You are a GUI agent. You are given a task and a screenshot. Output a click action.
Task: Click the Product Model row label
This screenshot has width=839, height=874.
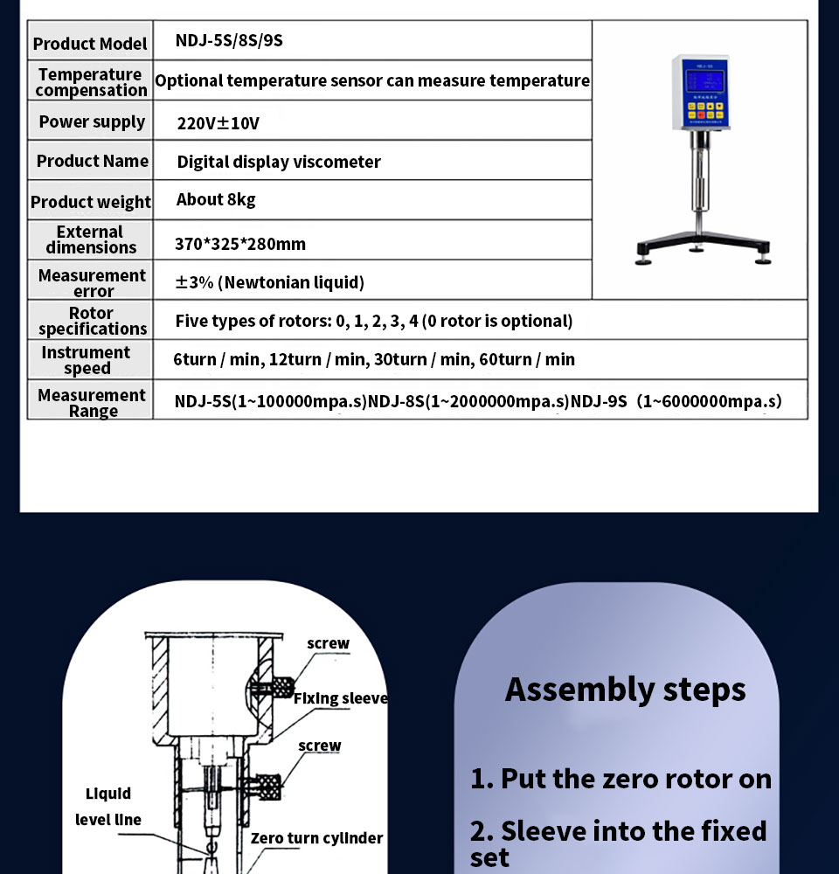coord(90,43)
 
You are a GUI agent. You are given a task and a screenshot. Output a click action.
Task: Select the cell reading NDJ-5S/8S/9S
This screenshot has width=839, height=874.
coord(229,40)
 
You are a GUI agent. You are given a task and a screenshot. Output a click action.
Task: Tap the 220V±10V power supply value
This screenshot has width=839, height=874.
coord(218,122)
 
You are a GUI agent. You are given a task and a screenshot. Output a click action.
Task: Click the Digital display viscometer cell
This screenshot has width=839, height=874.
coord(279,162)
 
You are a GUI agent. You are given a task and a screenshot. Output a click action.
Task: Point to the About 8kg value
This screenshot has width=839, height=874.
coord(216,199)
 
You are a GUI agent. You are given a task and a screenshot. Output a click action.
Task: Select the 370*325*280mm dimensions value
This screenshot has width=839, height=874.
coord(240,244)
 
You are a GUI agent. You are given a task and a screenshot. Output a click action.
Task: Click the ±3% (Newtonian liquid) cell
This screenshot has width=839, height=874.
coord(270,281)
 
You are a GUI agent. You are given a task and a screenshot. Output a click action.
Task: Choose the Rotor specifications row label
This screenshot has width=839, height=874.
coord(92,321)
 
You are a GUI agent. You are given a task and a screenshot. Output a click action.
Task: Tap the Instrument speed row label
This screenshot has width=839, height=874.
coord(86,360)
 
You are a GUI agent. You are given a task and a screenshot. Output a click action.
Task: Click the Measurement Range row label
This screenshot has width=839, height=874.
coord(92,402)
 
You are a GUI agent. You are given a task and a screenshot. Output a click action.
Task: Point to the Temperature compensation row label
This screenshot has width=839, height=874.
coord(91,82)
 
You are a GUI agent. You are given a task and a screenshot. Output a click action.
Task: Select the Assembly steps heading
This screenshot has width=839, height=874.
coord(625,689)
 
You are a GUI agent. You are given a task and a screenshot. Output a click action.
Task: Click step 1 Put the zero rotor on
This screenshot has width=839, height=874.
coord(621,778)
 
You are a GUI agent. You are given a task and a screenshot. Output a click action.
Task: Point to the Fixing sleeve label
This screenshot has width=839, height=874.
coord(340,698)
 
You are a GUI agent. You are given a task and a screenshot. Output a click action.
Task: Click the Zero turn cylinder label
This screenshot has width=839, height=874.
coord(316,838)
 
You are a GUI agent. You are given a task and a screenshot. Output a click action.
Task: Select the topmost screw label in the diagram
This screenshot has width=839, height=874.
coord(328,643)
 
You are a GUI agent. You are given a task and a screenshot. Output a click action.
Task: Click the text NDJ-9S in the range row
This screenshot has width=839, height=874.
coord(599,401)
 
